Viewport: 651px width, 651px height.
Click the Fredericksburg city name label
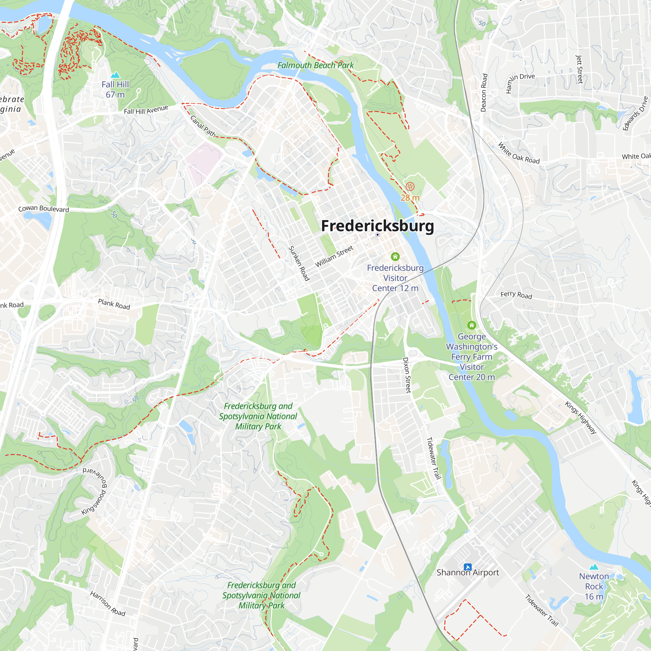[x=377, y=226]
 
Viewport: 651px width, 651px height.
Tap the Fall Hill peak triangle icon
[x=115, y=75]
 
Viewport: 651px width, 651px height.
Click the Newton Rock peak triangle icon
[x=594, y=567]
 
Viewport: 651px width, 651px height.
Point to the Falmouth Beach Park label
[x=315, y=65]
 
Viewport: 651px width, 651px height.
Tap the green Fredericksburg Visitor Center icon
[x=395, y=257]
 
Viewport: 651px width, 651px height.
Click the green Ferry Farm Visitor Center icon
[x=472, y=325]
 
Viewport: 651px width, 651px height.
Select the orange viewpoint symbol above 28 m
[x=410, y=186]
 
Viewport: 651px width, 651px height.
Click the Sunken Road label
[x=299, y=263]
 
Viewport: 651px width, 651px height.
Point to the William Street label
[x=334, y=256]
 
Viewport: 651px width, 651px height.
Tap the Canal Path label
[x=203, y=126]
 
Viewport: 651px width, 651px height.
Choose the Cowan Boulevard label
[x=44, y=209]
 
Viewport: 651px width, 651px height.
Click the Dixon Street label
[x=407, y=375]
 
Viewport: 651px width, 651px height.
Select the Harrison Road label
[x=107, y=603]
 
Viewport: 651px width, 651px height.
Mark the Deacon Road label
[x=484, y=93]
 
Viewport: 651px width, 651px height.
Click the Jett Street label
[x=580, y=69]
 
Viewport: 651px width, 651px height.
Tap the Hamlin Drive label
[x=519, y=82]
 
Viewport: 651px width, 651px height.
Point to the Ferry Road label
[x=516, y=295]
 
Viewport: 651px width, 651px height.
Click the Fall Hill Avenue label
[x=146, y=110]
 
